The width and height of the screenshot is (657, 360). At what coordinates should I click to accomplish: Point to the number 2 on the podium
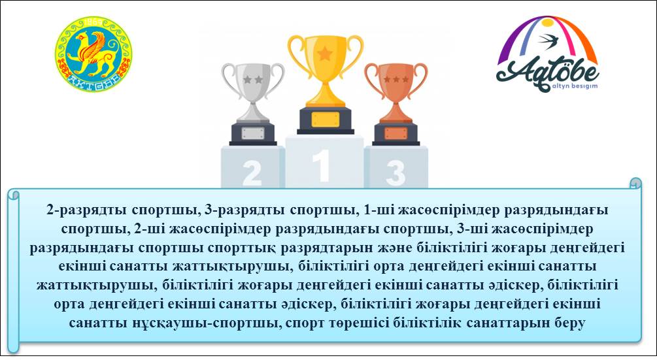coord(252,172)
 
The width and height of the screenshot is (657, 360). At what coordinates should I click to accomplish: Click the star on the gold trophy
coord(325,52)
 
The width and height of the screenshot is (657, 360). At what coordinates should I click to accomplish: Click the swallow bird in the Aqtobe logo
coord(548,40)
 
